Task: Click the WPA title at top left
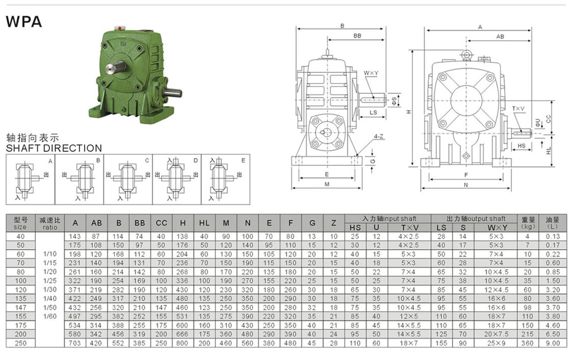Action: (x=24, y=22)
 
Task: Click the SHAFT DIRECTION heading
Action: (x=54, y=148)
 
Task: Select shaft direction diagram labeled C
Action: (x=128, y=179)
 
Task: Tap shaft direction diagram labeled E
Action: (x=225, y=179)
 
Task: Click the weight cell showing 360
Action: (x=527, y=343)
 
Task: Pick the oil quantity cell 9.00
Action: (x=552, y=343)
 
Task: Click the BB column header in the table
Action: (x=139, y=223)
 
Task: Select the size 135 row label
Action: (x=20, y=299)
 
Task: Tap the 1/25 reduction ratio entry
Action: (x=50, y=281)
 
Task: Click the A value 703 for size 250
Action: (x=75, y=343)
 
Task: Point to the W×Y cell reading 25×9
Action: (x=496, y=343)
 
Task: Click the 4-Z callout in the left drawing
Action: (x=378, y=137)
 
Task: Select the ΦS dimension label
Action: (x=394, y=101)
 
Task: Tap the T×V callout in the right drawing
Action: (x=518, y=109)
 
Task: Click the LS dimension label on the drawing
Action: (x=373, y=112)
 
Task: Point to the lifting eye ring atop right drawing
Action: (x=466, y=55)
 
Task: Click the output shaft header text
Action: (x=476, y=219)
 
